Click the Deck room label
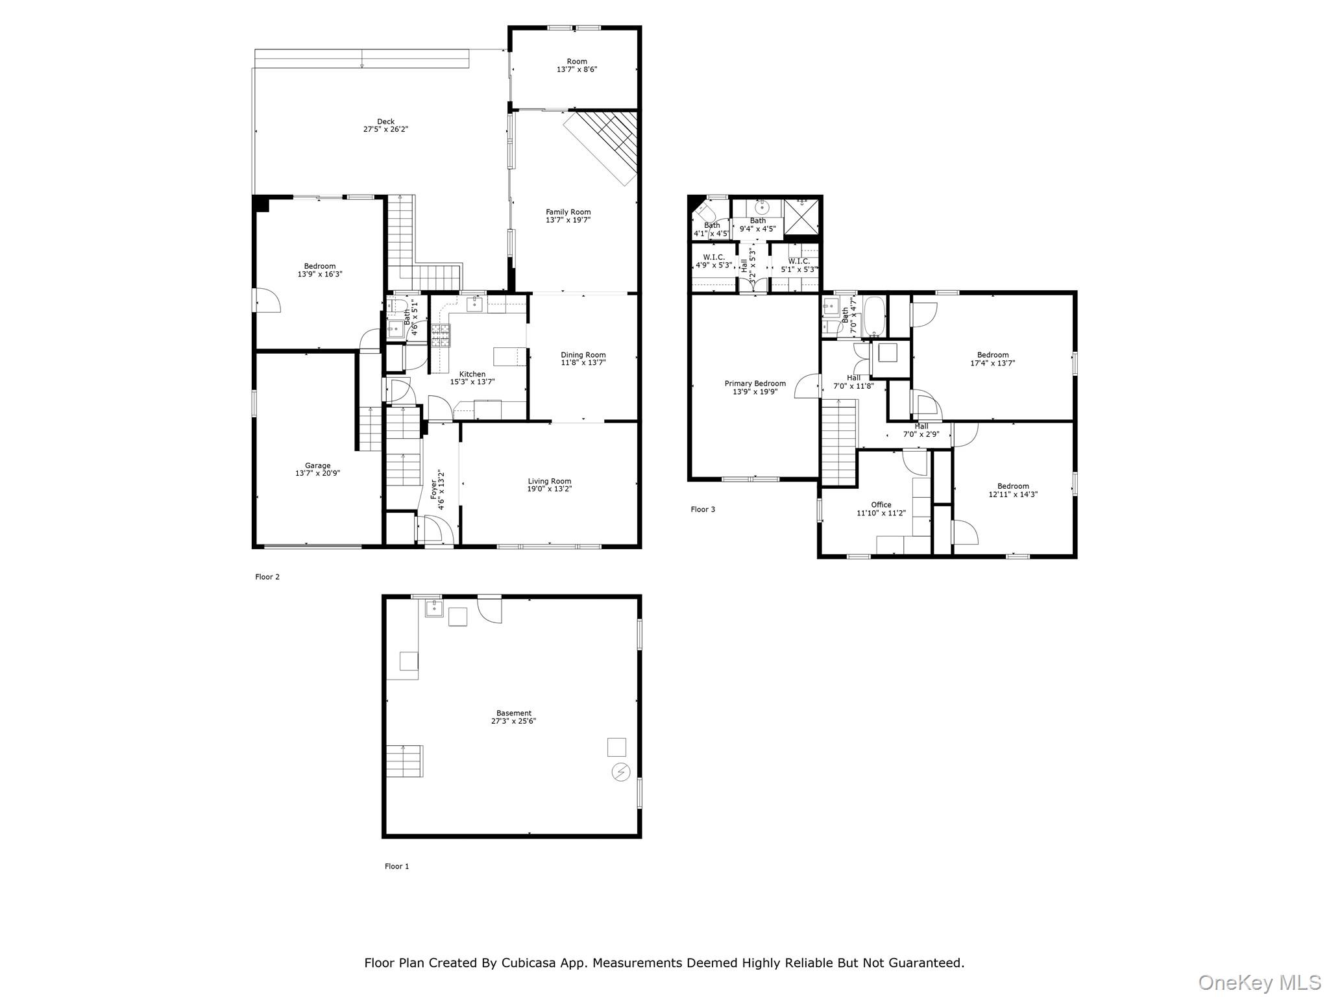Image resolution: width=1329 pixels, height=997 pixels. click(385, 121)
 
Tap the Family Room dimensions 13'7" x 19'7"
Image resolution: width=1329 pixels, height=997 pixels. click(568, 220)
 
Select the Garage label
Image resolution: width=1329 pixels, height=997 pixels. click(317, 465)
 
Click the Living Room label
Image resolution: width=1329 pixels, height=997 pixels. click(549, 481)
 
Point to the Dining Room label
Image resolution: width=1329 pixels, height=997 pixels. click(583, 355)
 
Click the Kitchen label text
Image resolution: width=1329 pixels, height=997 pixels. click(472, 374)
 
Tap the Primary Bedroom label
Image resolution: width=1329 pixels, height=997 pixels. click(755, 384)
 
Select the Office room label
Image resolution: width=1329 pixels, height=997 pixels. click(881, 504)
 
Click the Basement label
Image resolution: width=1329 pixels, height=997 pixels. click(513, 713)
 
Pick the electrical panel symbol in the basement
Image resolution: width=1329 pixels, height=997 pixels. click(620, 772)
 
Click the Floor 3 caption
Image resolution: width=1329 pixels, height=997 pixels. click(702, 510)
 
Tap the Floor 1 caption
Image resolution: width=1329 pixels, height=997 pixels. click(396, 866)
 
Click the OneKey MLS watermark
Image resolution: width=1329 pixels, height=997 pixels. click(1259, 982)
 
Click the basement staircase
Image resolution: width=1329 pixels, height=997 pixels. click(405, 761)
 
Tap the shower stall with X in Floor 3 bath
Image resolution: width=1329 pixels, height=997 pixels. click(802, 216)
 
